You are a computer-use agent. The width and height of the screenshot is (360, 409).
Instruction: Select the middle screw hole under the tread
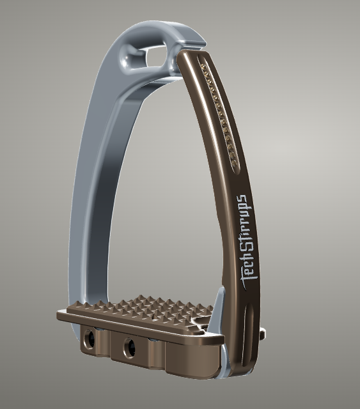pyautogui.click(x=130, y=344)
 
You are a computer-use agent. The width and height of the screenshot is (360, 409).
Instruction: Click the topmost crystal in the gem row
pyautogui.click(x=204, y=67)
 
